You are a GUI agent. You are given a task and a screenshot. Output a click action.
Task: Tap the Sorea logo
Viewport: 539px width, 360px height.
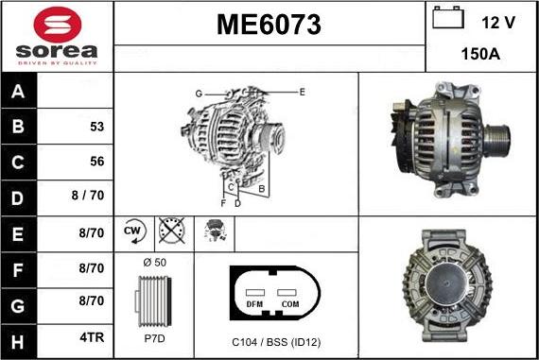coord(57,36)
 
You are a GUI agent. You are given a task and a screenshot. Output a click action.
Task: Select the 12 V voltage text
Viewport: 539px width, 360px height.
coord(497,22)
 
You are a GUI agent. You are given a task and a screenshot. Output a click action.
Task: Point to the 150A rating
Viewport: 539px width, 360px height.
coord(480,55)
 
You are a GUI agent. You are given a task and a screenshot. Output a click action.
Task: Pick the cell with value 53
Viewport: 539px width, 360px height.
coord(96,126)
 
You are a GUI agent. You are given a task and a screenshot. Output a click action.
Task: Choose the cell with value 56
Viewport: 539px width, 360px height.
coord(96,161)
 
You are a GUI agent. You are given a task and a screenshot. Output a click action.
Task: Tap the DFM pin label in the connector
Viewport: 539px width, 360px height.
coord(254,305)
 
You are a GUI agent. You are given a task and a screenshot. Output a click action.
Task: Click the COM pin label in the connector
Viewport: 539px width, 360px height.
coord(289,305)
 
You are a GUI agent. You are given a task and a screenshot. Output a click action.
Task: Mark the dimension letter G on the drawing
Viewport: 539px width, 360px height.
coord(199,94)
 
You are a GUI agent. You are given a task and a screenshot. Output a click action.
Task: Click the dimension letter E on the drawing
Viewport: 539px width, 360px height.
coord(302,92)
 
